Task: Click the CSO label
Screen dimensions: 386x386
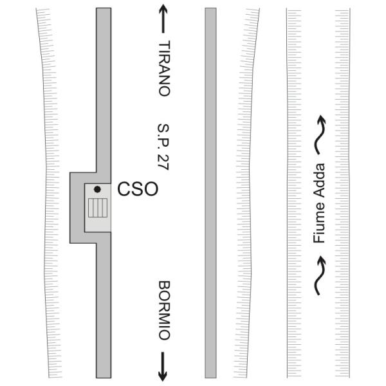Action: coord(138,188)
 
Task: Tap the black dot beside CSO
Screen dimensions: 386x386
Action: coord(97,189)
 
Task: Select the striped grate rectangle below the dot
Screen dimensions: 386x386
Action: coord(98,208)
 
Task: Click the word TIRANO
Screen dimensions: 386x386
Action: coord(164,68)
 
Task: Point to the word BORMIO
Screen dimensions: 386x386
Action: coord(164,310)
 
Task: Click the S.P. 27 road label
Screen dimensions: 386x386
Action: coord(163,147)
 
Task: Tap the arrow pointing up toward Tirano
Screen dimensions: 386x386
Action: coord(163,19)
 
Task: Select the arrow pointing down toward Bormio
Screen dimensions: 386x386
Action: coord(163,367)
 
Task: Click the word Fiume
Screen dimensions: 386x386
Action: coord(319,223)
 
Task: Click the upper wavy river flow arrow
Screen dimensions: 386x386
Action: coord(320,134)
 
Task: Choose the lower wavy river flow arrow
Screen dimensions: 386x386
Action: coord(320,275)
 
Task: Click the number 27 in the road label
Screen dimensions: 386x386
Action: coord(163,162)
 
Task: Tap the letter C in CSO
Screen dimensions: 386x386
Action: coord(124,188)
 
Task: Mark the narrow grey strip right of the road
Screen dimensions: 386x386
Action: coord(211,193)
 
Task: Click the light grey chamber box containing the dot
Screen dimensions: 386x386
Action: coord(98,208)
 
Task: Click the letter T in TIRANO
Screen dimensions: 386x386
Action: coord(164,45)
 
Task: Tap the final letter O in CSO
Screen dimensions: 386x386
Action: coord(151,188)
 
